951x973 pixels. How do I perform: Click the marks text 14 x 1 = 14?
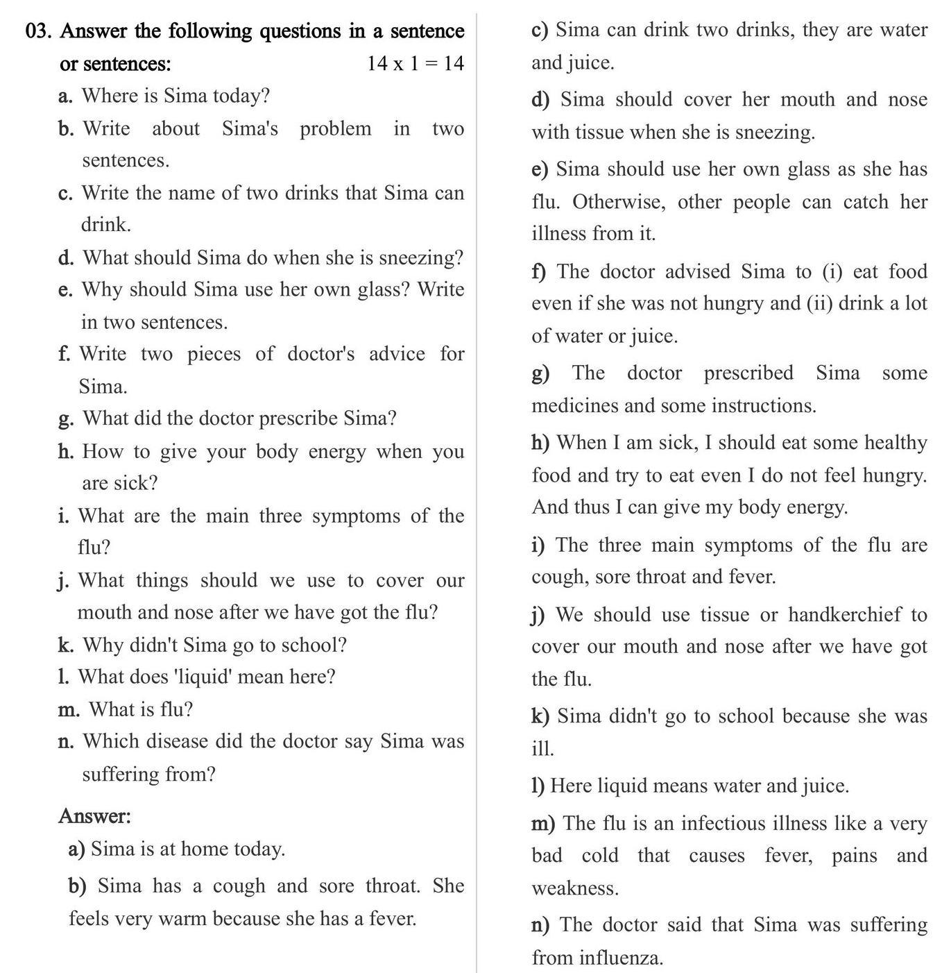415,64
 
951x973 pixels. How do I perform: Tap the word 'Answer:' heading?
94,815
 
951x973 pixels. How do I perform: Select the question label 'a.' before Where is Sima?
66,96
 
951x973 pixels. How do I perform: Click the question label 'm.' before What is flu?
69,709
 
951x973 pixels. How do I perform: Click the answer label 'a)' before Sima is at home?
77,849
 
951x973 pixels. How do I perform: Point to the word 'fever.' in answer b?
393,919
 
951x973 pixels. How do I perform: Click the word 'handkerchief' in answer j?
845,615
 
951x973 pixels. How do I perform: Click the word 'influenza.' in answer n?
621,958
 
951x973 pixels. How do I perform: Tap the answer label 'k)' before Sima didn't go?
540,716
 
